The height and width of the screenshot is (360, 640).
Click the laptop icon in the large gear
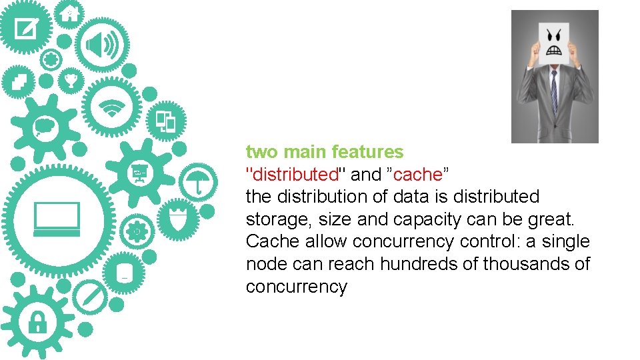[57, 219]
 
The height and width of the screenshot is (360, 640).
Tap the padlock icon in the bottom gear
[37, 323]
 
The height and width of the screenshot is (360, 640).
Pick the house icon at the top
[69, 13]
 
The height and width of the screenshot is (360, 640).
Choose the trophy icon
[71, 82]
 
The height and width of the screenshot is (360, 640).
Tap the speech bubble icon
[45, 126]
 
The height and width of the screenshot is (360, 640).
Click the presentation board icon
[141, 173]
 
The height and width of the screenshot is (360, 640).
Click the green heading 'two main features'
[325, 152]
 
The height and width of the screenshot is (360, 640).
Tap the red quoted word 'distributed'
[293, 175]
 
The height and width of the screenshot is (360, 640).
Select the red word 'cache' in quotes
[418, 175]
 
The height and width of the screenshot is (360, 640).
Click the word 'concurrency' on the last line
[297, 287]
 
